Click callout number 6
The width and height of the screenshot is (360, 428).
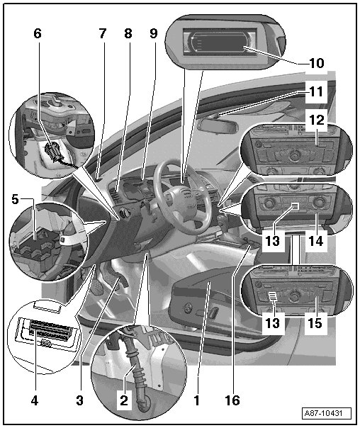38,33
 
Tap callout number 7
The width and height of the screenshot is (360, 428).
102,33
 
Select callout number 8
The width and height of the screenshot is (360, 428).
128,33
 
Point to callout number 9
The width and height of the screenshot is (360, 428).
154,33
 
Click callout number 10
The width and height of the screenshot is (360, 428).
317,63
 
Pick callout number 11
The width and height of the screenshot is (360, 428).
317,91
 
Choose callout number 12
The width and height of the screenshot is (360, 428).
317,120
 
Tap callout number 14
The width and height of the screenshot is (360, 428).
316,241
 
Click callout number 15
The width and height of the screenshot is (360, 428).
315,323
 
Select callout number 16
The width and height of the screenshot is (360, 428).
232,400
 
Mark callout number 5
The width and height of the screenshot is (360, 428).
15,199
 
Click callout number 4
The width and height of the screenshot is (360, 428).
35,401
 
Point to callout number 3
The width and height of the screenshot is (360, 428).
79,400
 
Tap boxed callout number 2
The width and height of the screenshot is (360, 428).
124,400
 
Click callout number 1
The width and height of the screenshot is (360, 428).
196,400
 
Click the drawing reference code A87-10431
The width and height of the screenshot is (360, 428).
327,413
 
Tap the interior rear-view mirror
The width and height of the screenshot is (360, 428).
218,125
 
